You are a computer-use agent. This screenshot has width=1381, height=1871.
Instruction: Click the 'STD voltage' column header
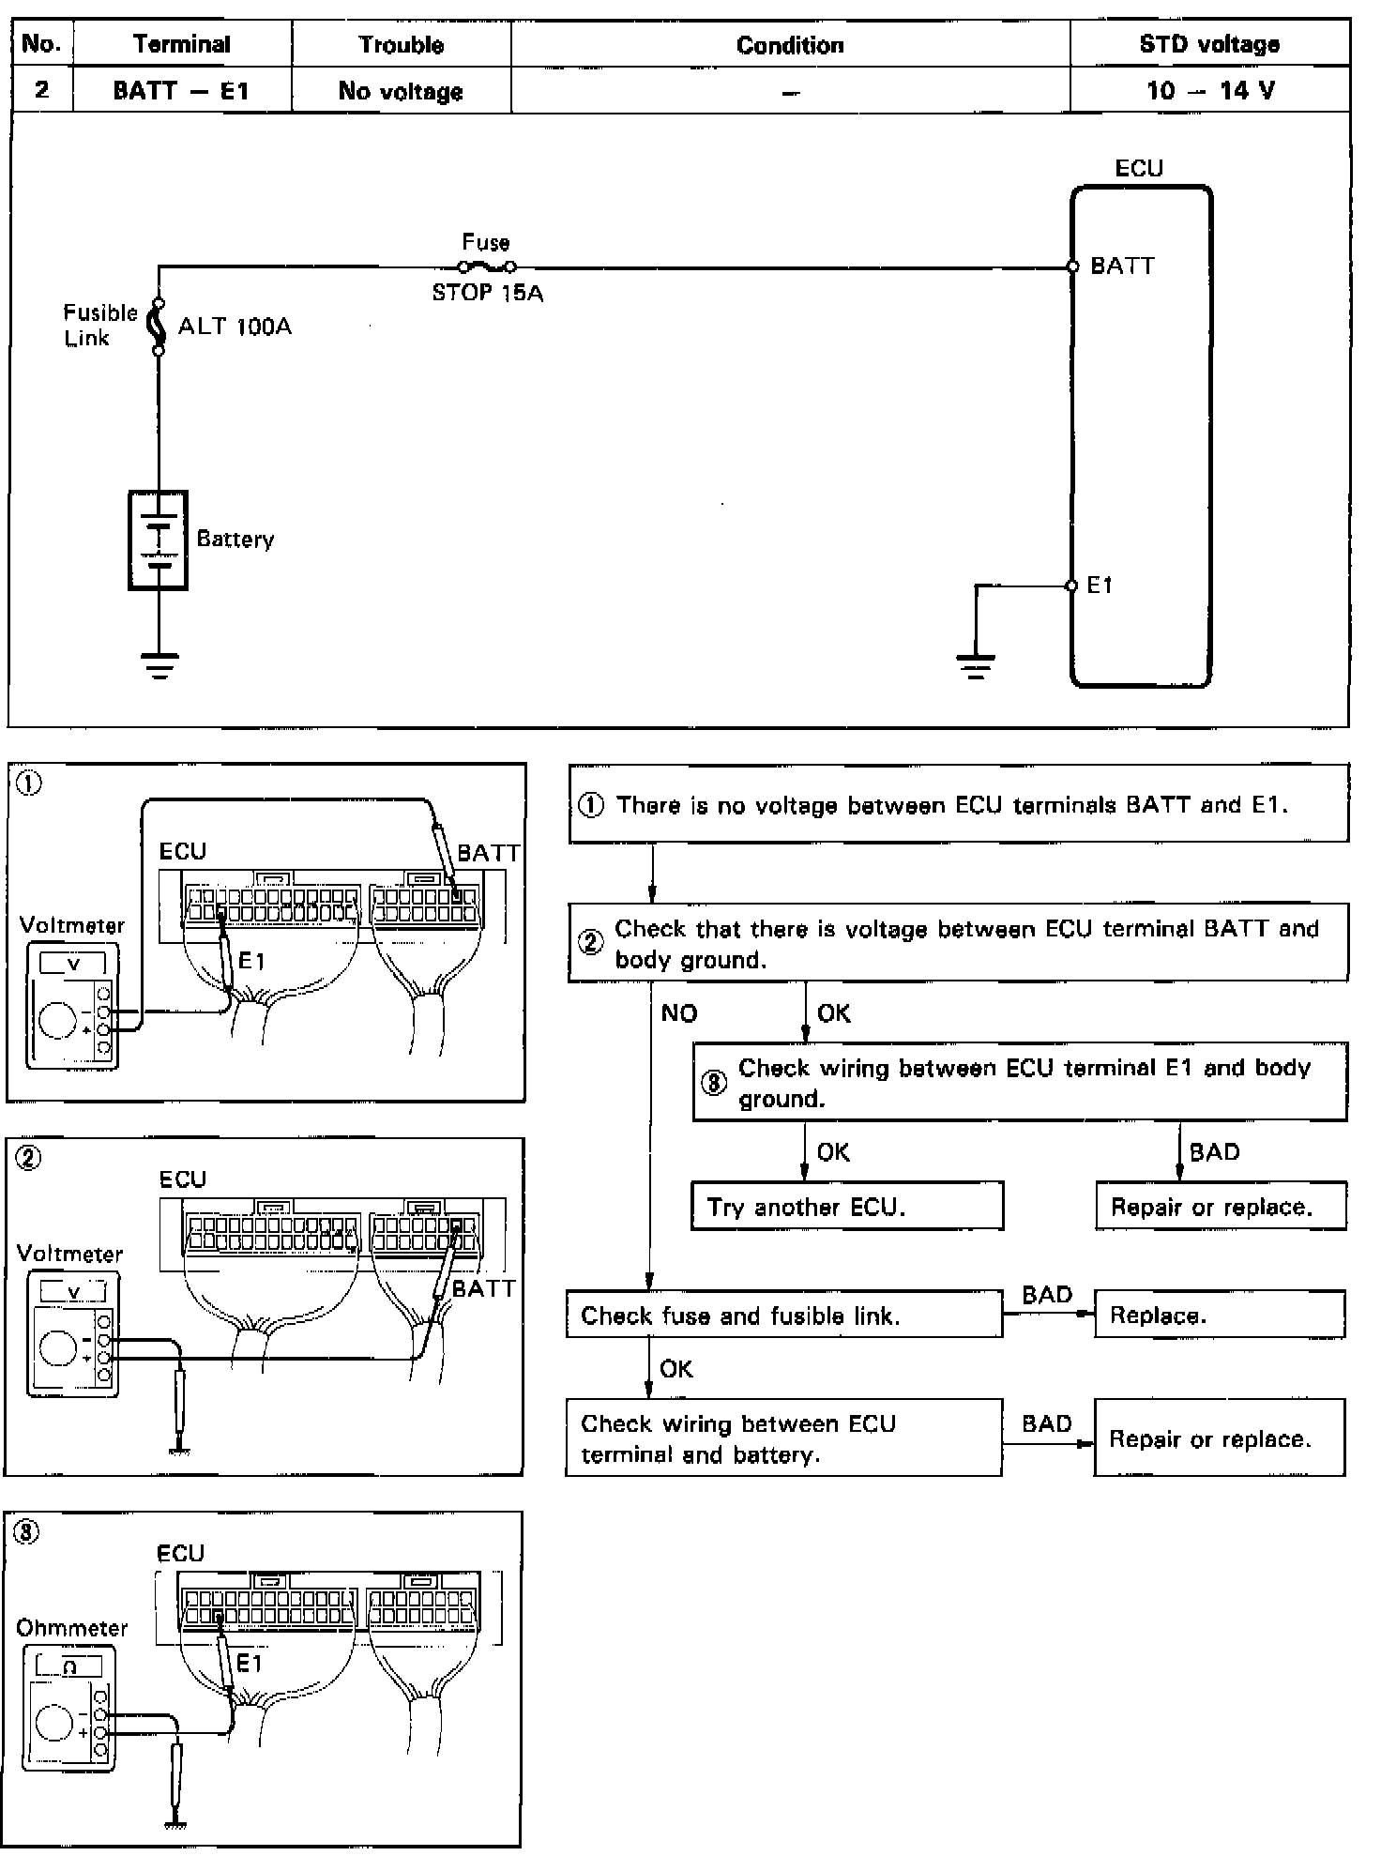pos(1209,44)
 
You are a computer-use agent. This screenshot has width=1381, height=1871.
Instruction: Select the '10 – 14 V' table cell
pos(1209,90)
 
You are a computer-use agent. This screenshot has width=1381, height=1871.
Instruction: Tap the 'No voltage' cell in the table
pos(401,91)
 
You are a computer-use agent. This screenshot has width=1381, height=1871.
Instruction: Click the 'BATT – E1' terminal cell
pos(181,90)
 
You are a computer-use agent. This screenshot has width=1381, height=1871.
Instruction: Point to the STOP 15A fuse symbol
pos(486,267)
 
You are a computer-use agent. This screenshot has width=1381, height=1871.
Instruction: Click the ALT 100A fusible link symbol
pos(159,327)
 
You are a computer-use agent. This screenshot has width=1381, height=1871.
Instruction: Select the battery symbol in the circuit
pos(159,540)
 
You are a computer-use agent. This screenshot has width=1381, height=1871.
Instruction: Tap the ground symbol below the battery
pos(159,664)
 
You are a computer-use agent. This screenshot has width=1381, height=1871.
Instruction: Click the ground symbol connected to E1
pos(976,665)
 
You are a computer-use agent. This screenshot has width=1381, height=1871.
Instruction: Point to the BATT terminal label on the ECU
pos(1122,266)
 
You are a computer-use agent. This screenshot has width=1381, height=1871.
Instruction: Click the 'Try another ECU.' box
pos(847,1207)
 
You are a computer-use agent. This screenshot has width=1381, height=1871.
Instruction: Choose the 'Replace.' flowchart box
pos(1219,1316)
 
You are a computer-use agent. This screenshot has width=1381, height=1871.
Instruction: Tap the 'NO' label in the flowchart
pos(679,1013)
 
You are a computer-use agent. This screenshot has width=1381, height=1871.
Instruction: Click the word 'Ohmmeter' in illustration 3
pos(71,1628)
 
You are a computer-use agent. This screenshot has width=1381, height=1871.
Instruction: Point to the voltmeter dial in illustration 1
pos(57,1020)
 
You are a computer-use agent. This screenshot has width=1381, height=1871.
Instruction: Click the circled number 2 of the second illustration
pos(29,1159)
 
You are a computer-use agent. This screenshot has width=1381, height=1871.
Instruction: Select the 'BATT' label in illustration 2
pos(484,1288)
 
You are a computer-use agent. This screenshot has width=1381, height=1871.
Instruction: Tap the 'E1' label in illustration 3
pos(250,1664)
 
